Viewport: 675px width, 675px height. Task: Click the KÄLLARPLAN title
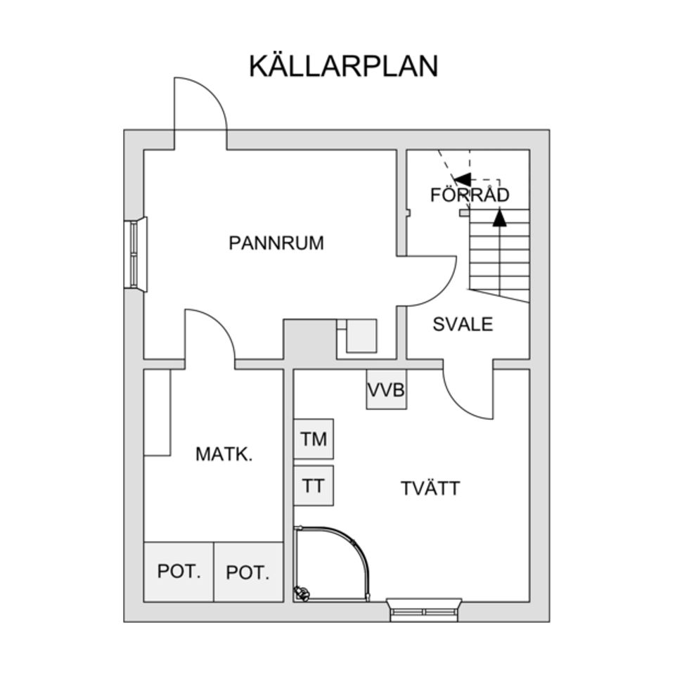(343, 66)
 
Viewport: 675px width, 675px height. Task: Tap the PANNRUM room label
(276, 243)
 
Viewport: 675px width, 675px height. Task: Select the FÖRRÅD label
(470, 195)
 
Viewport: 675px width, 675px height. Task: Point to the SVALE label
(463, 324)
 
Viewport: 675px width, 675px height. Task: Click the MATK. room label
(224, 454)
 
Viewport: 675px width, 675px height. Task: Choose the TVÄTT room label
(430, 488)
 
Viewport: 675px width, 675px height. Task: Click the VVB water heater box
(387, 390)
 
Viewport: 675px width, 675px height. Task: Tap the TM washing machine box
(314, 439)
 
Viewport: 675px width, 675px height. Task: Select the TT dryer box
(314, 486)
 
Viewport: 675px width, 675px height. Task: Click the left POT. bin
(179, 572)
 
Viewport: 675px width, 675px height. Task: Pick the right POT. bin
(248, 572)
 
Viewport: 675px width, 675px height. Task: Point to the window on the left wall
(136, 254)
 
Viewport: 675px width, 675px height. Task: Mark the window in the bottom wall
(424, 608)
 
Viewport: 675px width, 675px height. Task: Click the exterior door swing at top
(204, 105)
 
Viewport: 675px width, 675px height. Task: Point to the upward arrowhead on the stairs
(499, 219)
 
